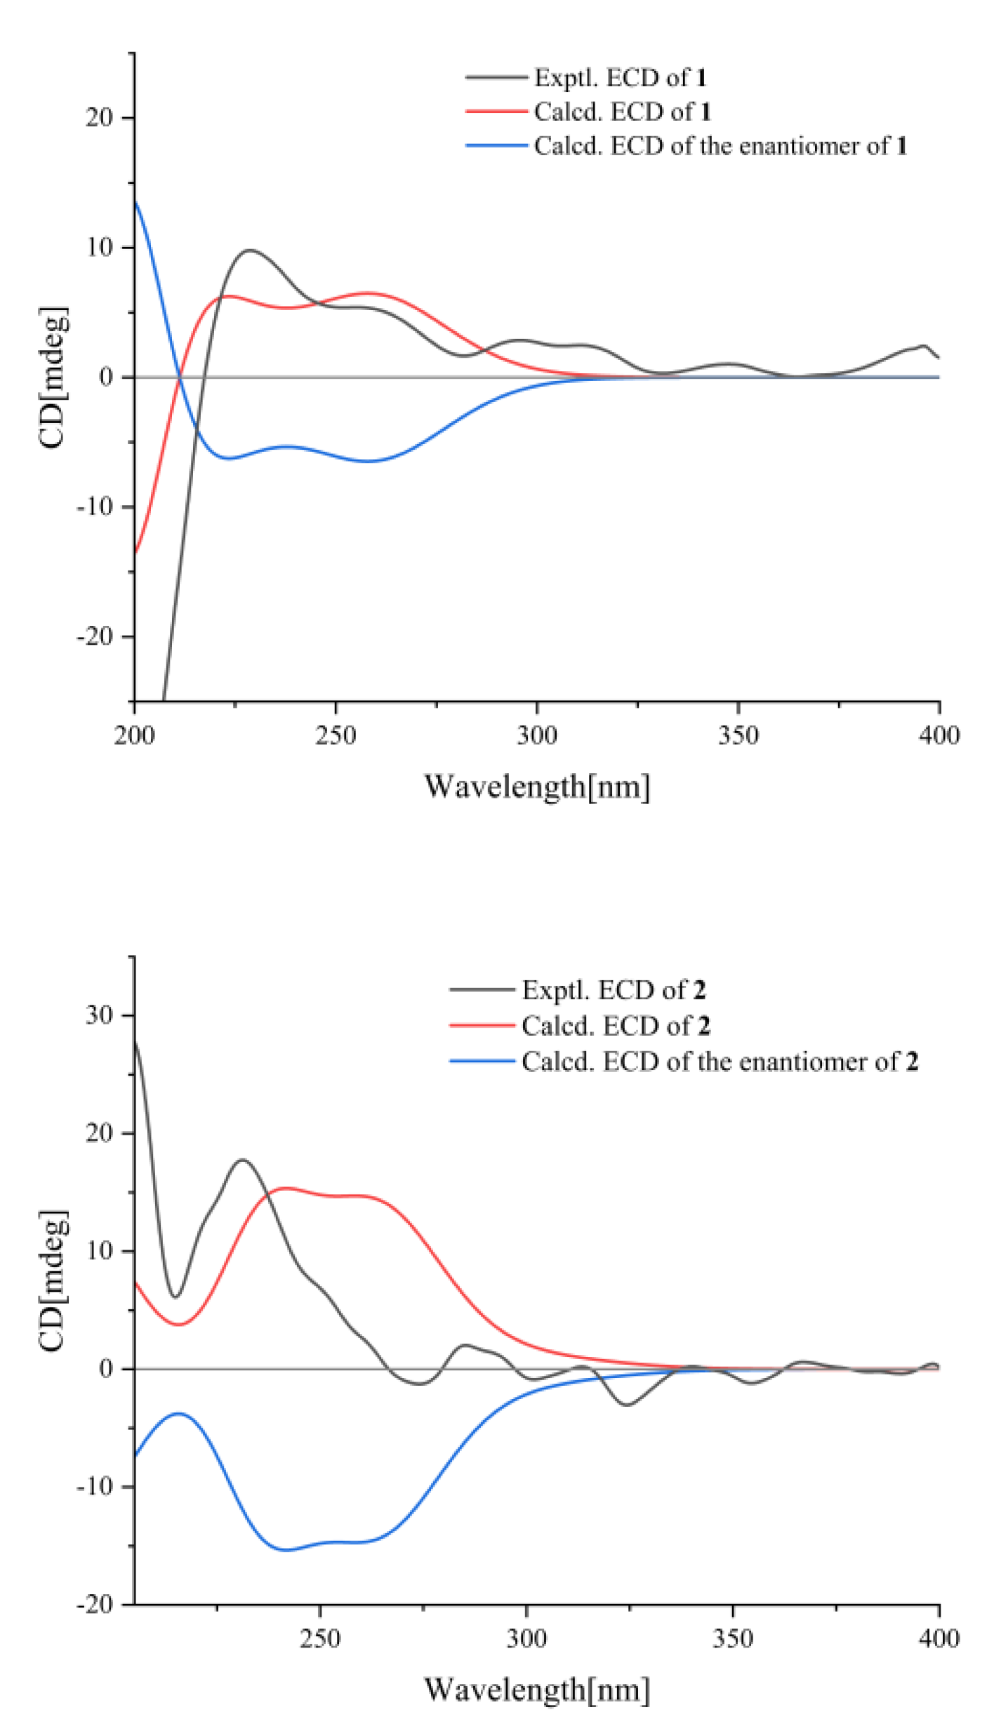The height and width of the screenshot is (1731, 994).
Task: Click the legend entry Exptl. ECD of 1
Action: (x=619, y=77)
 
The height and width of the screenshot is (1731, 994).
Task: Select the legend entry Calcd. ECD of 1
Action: (x=622, y=112)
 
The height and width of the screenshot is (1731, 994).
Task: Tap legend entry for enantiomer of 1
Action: (x=720, y=146)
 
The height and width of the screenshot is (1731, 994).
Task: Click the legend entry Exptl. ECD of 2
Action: (x=613, y=990)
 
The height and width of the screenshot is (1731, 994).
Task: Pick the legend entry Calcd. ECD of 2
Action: (x=615, y=1026)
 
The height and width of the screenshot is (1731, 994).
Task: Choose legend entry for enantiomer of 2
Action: (x=719, y=1062)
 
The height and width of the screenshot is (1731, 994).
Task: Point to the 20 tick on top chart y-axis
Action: (x=99, y=118)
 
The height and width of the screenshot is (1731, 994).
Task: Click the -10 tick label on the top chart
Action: (x=95, y=507)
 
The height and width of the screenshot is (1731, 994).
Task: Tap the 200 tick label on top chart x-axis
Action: (x=134, y=735)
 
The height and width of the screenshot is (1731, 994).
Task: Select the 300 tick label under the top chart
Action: (x=537, y=735)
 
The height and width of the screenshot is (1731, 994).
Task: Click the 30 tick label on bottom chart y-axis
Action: (x=99, y=1015)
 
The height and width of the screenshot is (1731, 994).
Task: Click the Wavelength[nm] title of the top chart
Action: (x=537, y=787)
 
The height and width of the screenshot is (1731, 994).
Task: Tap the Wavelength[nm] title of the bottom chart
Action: (x=537, y=1690)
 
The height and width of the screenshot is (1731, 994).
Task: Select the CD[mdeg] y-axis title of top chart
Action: (x=53, y=377)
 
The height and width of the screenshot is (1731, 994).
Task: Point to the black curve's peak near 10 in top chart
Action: (x=250, y=250)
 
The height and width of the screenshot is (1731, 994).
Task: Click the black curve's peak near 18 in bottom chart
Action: (x=243, y=1159)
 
